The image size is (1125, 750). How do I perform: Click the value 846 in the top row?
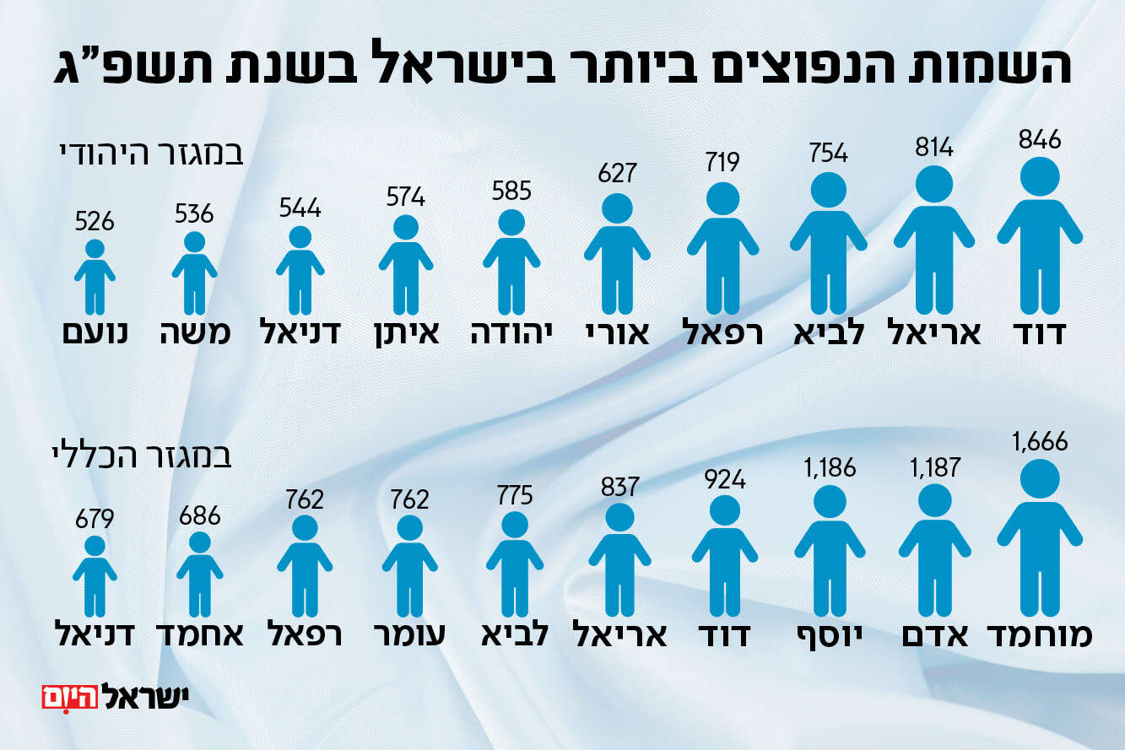[1039, 139]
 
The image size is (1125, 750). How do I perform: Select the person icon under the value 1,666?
[1039, 540]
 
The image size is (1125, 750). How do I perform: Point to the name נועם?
[95, 332]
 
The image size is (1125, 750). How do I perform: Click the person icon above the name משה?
[194, 272]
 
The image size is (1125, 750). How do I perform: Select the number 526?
[95, 222]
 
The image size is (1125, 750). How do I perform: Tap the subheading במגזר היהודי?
[151, 155]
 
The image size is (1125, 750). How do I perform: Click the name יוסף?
[829, 635]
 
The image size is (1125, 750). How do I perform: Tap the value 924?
[723, 479]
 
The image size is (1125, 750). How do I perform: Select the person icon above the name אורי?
[617, 253]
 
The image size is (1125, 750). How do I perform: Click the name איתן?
[406, 332]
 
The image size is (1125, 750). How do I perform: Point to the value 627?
[617, 173]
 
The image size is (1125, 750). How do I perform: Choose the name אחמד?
[200, 635]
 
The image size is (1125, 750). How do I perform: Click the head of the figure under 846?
[1039, 175]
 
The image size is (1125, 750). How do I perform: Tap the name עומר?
[409, 635]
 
